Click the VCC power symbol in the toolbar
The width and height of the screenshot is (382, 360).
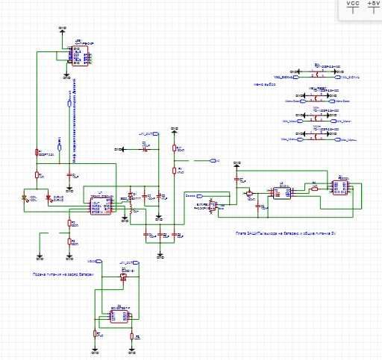(x=353, y=7)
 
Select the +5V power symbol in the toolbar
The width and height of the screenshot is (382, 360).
(x=373, y=7)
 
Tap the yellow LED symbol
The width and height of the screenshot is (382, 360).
(x=27, y=198)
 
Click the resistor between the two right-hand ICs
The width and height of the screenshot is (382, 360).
(x=314, y=188)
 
